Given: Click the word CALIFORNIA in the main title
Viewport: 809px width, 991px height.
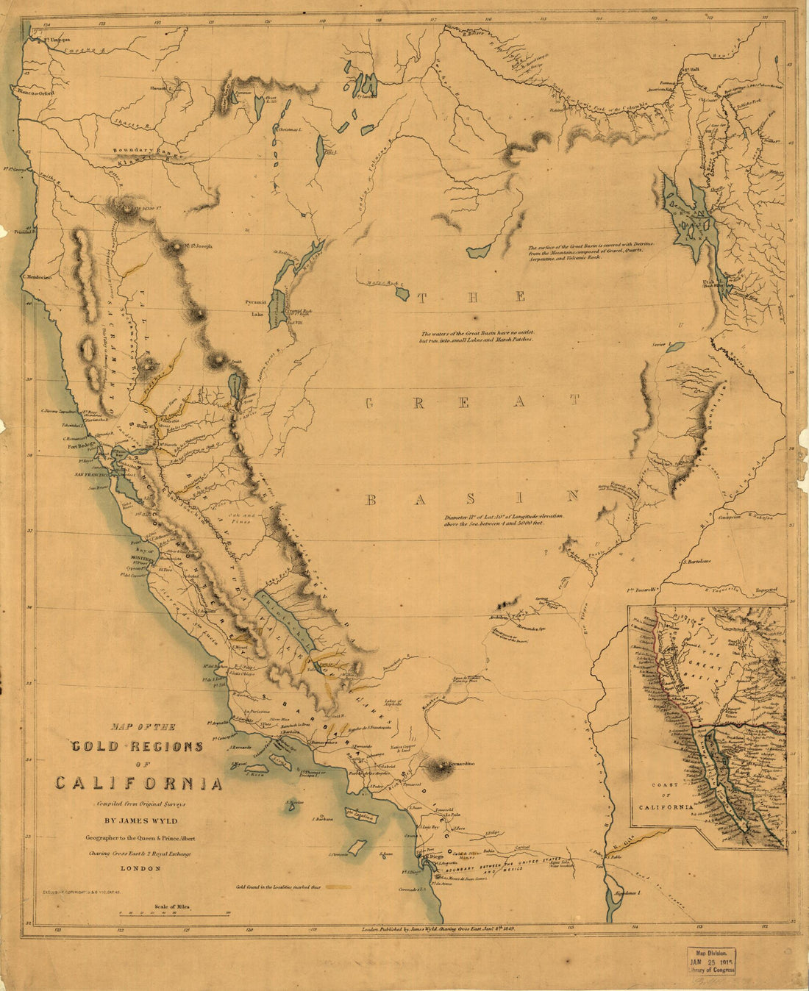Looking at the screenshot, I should [x=139, y=783].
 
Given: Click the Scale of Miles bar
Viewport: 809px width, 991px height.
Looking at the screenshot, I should [x=175, y=915].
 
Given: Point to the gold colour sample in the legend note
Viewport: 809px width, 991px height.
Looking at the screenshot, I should [x=340, y=887].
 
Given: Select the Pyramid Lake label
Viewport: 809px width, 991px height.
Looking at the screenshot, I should [x=258, y=307].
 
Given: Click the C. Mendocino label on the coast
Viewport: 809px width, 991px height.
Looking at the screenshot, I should [x=36, y=278].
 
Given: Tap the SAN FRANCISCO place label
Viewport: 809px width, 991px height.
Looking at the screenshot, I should [x=92, y=476].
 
